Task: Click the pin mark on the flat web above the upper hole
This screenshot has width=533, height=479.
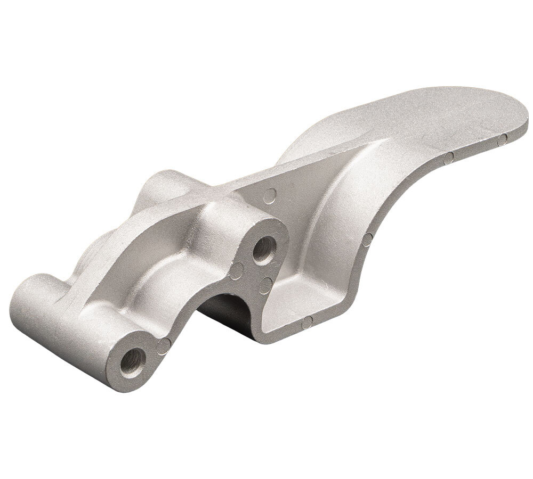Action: tap(271, 195)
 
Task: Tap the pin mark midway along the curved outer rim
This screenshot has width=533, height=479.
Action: tap(368, 241)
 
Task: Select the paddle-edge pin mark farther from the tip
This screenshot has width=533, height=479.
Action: tap(449, 157)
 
